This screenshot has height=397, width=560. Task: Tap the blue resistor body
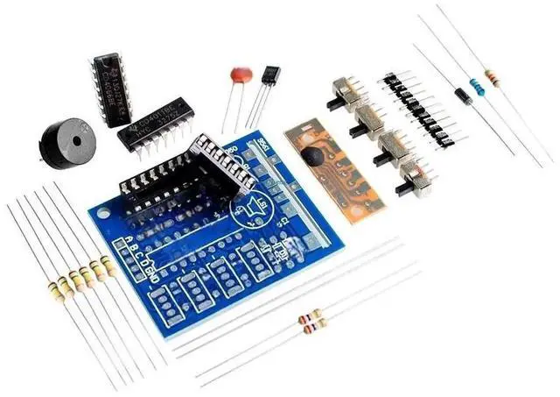click(x=478, y=87)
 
